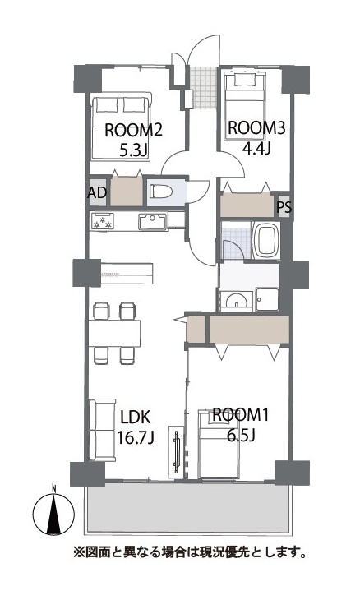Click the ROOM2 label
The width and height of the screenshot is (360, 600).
pyautogui.click(x=133, y=131)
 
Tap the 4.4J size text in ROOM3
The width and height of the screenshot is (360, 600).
pyautogui.click(x=256, y=148)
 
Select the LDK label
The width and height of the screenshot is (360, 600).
pyautogui.click(x=135, y=418)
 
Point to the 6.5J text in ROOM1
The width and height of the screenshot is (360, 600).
pyautogui.click(x=241, y=435)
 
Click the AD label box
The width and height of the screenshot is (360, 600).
pyautogui.click(x=98, y=192)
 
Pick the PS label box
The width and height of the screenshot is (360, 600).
pyautogui.click(x=284, y=207)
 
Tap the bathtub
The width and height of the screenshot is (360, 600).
pyautogui.click(x=265, y=241)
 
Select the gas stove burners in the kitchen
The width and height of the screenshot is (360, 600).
pyautogui.click(x=103, y=221)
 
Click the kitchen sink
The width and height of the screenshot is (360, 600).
pyautogui.click(x=153, y=222)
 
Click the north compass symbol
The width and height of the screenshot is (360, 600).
pyautogui.click(x=53, y=512)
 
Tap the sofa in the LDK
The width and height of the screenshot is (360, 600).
pyautogui.click(x=102, y=430)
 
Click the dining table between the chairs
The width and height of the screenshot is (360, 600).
pyautogui.click(x=114, y=334)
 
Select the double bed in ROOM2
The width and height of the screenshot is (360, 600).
pyautogui.click(x=121, y=128)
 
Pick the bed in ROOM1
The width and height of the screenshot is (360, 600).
pyautogui.click(x=219, y=444)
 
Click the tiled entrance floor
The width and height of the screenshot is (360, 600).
pyautogui.click(x=205, y=87)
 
